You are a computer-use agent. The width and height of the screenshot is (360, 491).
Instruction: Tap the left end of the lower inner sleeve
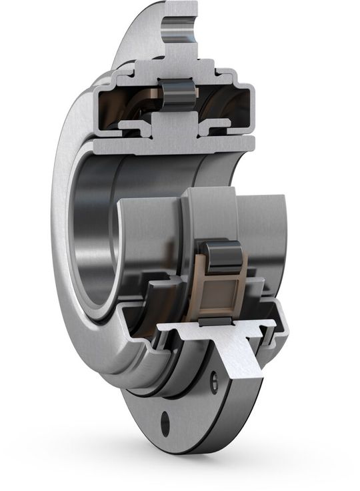[130, 233]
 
